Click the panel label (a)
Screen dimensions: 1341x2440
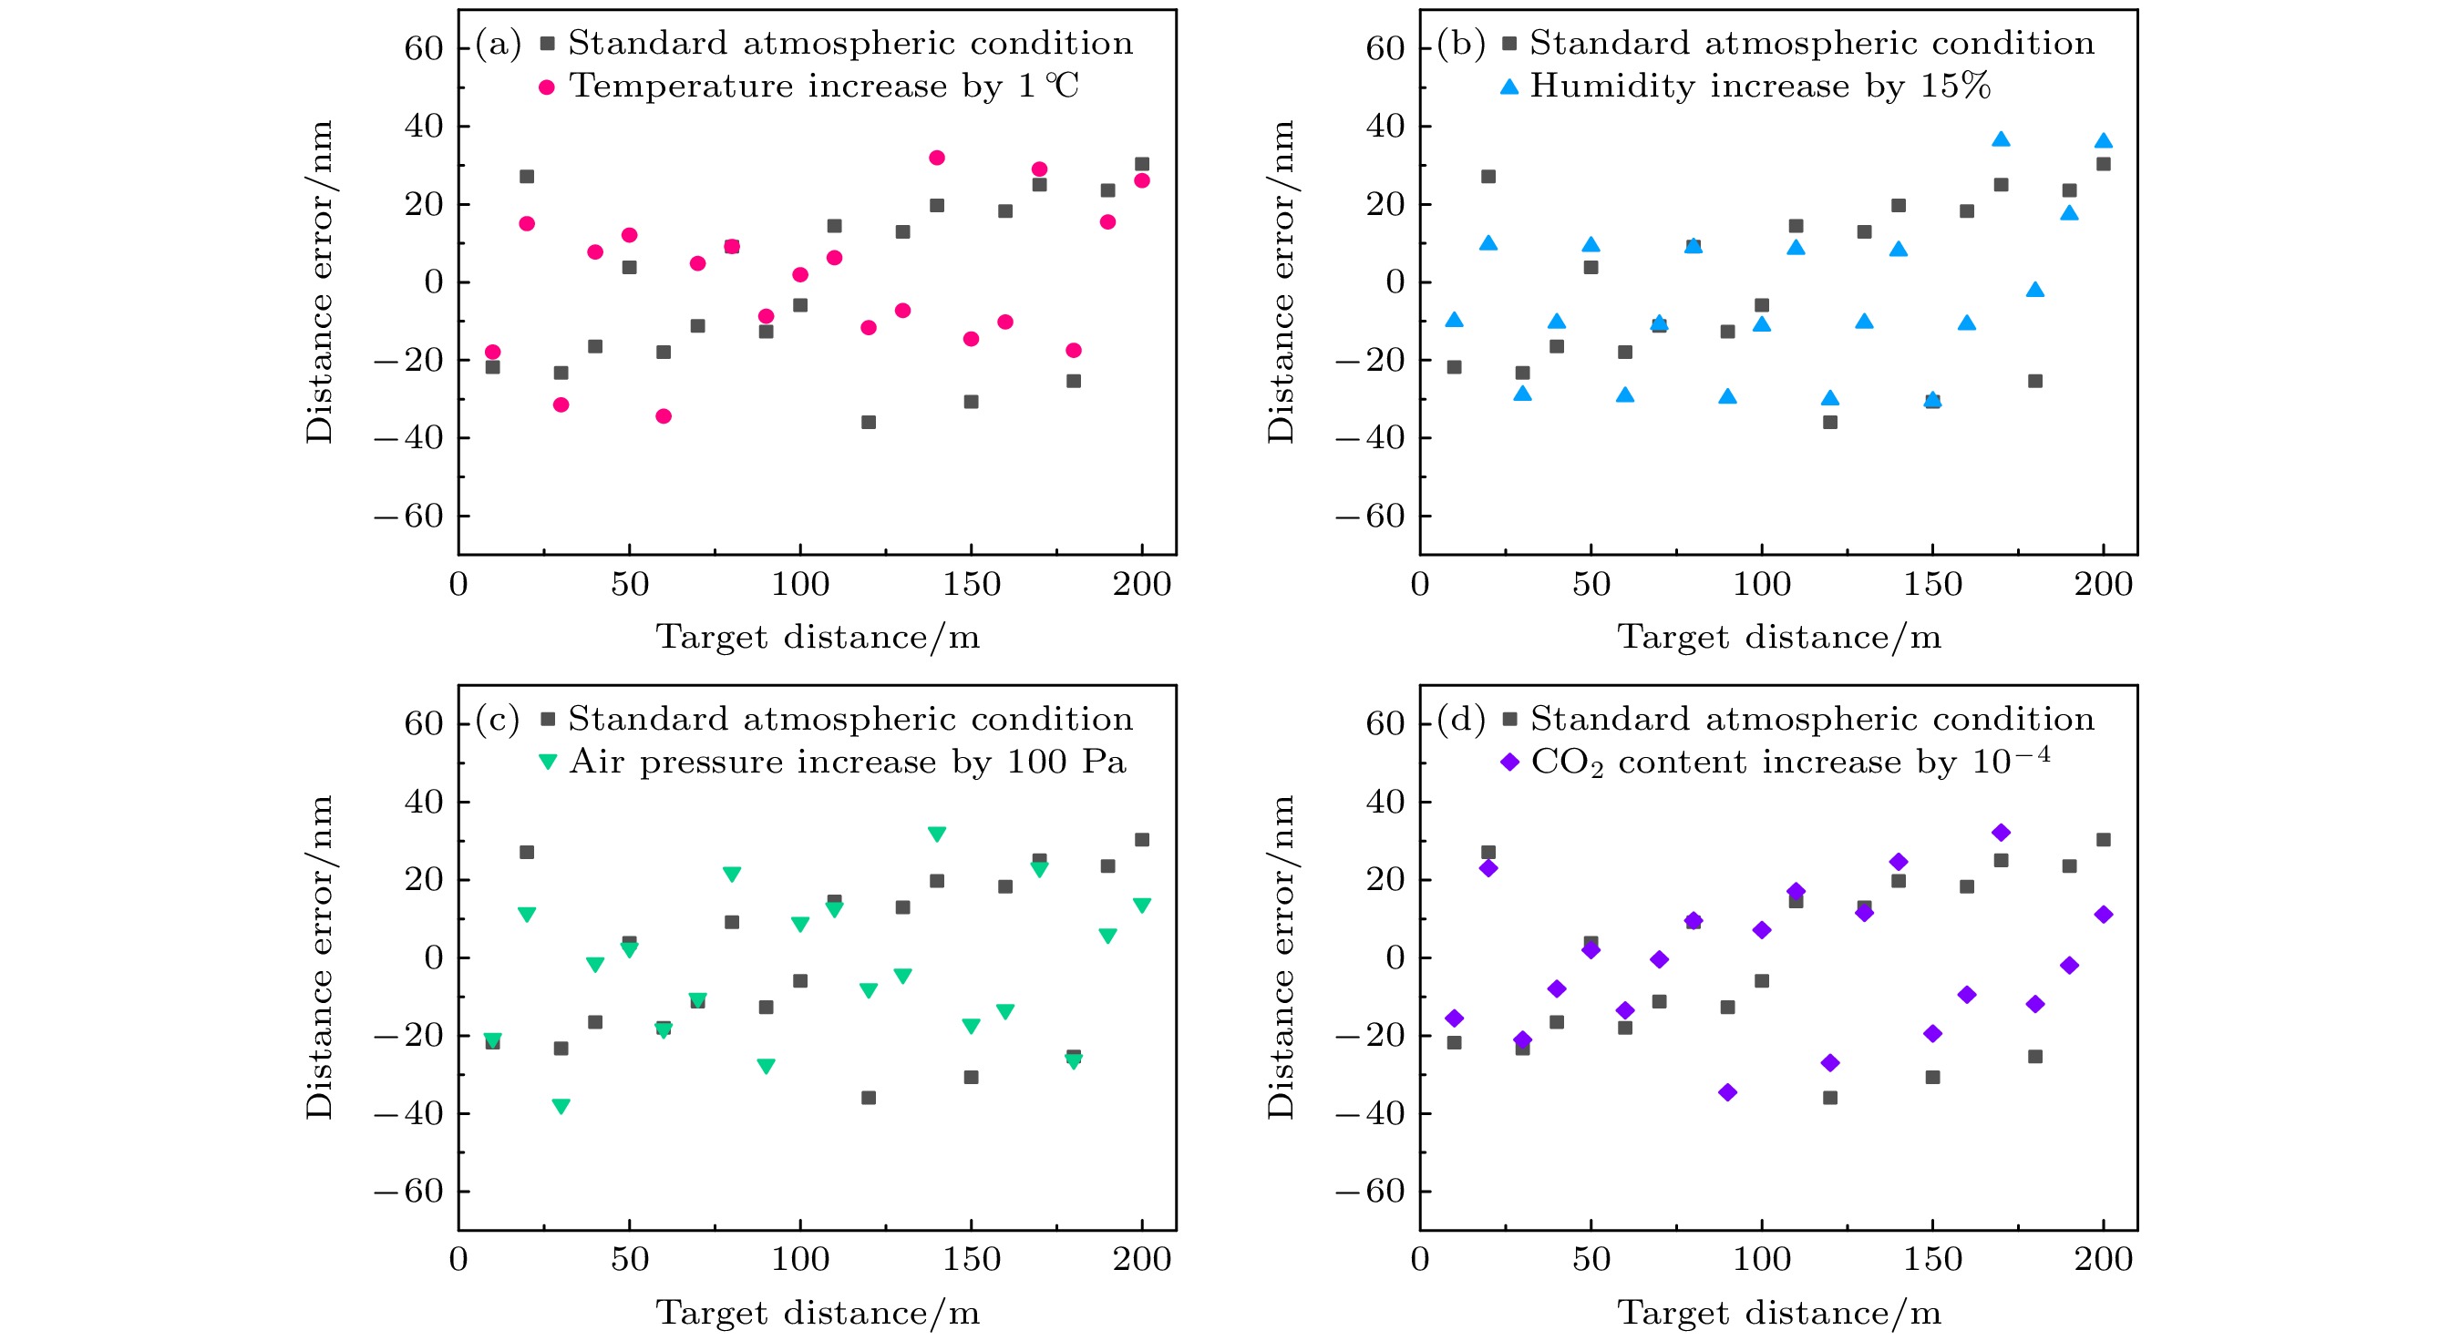499,45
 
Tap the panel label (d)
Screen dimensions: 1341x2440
1460,720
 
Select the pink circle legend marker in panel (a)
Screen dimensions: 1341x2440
547,88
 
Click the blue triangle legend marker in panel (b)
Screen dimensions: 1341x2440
1508,87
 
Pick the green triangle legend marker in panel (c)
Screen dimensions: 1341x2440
548,762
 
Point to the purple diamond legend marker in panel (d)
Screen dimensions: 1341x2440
1509,762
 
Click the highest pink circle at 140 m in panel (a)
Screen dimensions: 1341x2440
937,159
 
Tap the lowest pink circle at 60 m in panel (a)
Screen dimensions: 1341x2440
663,416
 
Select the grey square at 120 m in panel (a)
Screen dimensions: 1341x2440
869,423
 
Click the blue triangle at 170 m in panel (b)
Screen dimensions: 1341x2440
2001,140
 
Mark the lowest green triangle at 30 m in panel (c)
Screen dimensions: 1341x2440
561,1106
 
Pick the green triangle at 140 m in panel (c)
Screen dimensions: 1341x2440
937,834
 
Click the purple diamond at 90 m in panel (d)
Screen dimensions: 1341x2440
1728,1093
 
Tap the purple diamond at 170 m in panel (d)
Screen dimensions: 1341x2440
2001,834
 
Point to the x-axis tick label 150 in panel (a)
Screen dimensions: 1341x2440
971,584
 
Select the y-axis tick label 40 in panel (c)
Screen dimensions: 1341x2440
424,802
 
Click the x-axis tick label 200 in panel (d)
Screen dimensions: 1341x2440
2103,1260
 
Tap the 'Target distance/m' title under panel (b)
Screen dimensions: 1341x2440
1779,638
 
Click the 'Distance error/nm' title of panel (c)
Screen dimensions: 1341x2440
320,957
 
